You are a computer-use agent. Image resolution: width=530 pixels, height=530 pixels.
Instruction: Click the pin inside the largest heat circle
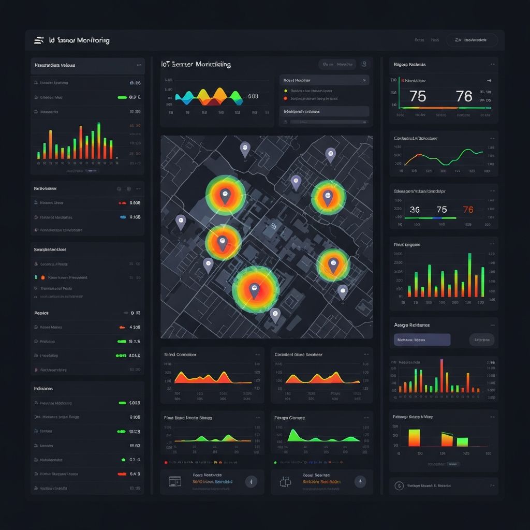254,291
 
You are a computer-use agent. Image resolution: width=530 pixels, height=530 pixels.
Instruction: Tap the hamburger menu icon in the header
38,40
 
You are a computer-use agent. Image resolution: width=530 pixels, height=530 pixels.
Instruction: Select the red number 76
468,210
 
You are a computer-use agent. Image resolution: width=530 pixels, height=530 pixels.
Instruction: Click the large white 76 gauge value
464,96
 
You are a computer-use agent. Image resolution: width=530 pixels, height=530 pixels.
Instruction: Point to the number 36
415,210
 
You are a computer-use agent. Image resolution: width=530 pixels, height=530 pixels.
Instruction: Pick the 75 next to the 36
441,210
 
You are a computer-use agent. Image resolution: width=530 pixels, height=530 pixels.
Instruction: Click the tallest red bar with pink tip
441,375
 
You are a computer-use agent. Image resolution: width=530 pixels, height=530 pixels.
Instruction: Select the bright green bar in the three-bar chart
462,441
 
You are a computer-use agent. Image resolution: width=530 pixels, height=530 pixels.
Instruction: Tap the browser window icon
174,481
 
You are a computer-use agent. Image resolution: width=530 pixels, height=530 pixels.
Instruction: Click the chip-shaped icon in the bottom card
285,481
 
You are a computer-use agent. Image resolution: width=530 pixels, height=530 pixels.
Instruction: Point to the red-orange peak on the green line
418,155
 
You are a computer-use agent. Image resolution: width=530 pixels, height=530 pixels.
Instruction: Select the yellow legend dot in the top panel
285,91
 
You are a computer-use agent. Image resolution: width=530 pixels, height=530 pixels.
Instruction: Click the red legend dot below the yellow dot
285,98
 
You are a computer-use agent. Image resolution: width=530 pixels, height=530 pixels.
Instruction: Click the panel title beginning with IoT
196,65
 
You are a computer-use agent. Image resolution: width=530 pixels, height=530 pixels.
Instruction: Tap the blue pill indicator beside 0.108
123,217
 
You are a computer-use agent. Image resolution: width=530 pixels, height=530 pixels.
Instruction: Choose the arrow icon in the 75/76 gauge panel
488,81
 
